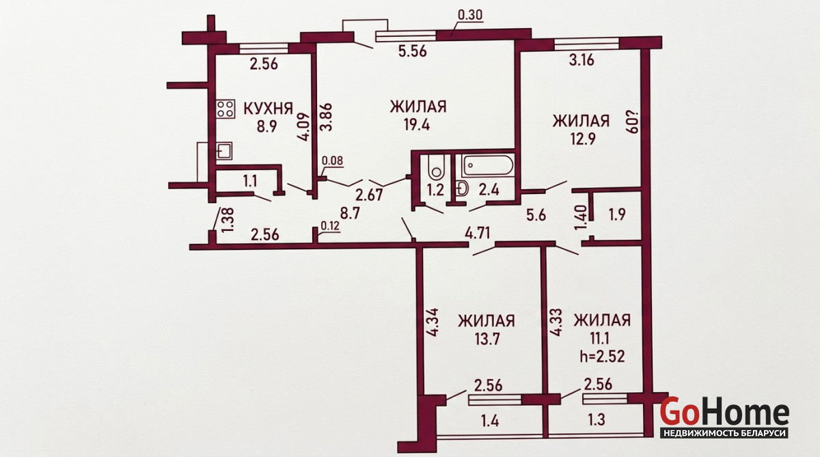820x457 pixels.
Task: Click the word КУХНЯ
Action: [269, 109]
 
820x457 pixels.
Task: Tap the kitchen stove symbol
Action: [225, 109]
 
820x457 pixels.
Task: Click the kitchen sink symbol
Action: [223, 151]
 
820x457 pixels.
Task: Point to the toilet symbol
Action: [436, 168]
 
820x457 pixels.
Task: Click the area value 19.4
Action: [417, 125]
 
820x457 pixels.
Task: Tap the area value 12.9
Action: [583, 139]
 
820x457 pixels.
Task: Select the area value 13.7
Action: [487, 340]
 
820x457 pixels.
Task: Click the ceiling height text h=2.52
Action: [602, 356]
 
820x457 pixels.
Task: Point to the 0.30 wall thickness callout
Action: [470, 15]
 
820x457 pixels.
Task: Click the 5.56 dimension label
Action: [413, 52]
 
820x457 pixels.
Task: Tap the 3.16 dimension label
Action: [582, 60]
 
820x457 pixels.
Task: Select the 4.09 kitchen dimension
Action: [304, 126]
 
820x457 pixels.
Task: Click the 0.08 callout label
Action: [332, 161]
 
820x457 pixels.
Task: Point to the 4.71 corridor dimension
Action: [478, 233]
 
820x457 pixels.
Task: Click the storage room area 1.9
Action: [617, 214]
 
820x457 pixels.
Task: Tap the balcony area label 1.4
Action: [490, 422]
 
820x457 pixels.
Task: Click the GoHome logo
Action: [724, 417]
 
